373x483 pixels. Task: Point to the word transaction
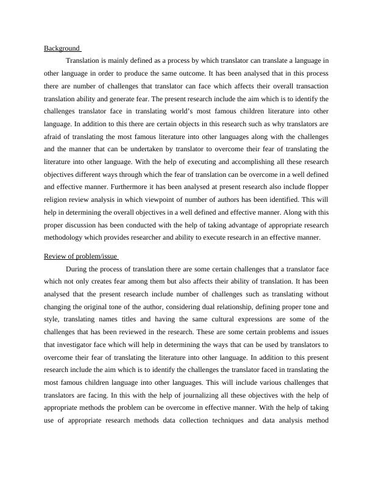click(310, 85)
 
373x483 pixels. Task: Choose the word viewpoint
click(167, 199)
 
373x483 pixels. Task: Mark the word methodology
click(65, 237)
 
